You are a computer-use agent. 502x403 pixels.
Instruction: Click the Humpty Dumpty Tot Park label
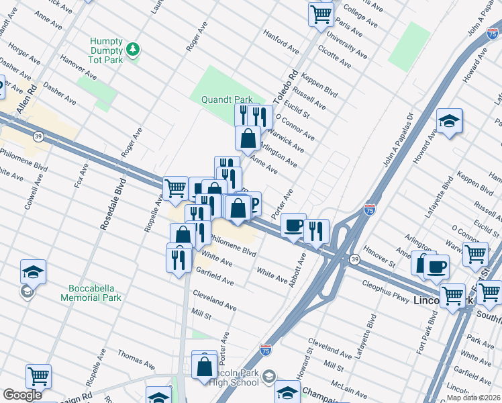point(107,50)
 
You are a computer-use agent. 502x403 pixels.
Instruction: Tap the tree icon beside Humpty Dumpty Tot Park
point(134,48)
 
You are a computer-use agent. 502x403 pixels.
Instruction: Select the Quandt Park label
point(227,99)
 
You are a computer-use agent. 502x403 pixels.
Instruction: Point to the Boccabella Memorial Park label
point(91,293)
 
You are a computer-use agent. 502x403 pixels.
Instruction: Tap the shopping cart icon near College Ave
point(321,13)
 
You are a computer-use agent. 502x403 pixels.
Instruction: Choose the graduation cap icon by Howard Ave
point(449,121)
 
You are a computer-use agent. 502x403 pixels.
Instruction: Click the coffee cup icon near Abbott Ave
point(293,226)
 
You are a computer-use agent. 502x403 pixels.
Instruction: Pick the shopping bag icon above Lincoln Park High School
point(204,366)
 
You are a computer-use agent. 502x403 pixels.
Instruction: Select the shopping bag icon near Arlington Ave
point(248,138)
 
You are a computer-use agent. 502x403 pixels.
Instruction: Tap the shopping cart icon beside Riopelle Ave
point(175,188)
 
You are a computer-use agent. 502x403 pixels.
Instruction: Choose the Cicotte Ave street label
point(334,57)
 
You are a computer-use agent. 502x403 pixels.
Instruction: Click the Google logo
point(22,395)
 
